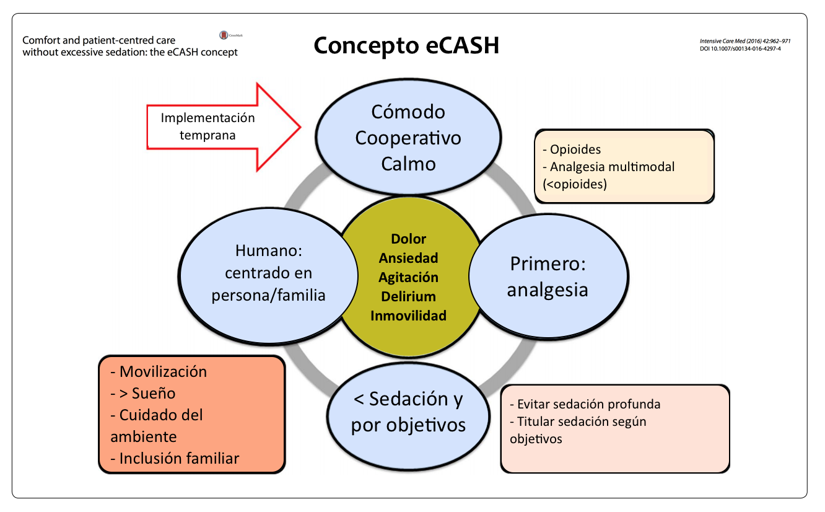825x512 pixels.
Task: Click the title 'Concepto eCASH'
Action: (406, 46)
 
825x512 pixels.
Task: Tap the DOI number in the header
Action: (740, 48)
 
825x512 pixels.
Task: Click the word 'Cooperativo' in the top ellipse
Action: (408, 138)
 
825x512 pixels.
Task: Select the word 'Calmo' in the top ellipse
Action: (408, 164)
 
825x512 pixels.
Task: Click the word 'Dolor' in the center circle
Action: (408, 239)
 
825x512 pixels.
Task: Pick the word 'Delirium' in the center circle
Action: (408, 296)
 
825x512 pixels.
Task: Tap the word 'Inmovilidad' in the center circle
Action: (408, 316)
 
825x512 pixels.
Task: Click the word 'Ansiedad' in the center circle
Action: (408, 258)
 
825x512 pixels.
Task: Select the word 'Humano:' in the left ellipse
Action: (268, 251)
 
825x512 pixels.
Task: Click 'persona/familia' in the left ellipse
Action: (268, 295)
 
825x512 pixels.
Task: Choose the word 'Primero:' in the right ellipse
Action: (548, 263)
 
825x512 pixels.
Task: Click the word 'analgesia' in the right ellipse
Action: (548, 289)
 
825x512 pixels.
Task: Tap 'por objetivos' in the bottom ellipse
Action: (408, 426)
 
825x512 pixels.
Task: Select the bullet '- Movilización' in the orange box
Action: (158, 372)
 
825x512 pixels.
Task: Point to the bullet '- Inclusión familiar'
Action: (175, 459)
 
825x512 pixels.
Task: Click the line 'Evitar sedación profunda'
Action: (585, 404)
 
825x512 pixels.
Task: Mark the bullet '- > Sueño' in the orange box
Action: (143, 394)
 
